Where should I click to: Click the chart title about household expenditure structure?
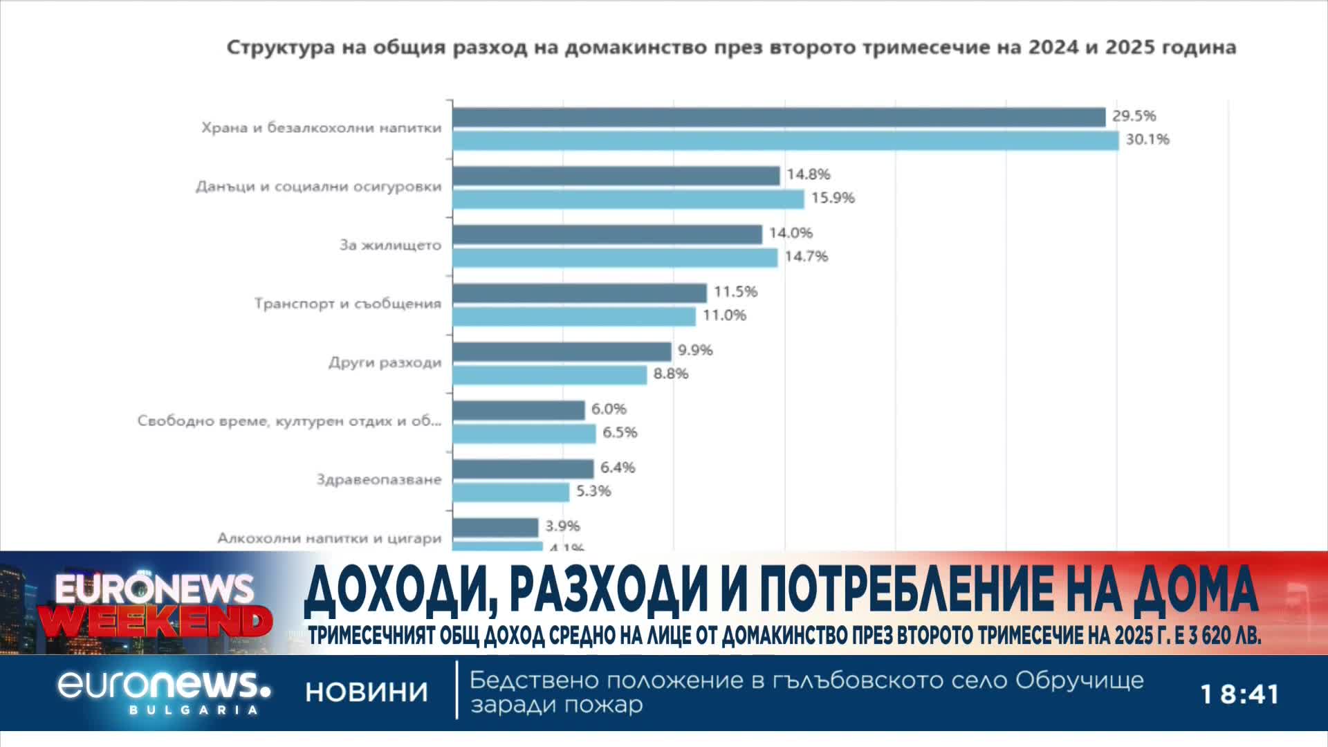(731, 48)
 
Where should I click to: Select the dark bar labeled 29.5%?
(779, 118)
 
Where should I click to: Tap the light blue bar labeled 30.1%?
(785, 140)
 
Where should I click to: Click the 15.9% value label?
(833, 198)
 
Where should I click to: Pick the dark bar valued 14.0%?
(607, 234)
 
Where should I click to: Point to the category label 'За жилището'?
(390, 245)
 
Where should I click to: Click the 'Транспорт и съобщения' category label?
(347, 304)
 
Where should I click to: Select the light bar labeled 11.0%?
(574, 316)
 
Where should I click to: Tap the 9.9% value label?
(695, 350)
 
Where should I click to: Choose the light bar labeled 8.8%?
(550, 375)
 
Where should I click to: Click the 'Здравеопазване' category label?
(378, 479)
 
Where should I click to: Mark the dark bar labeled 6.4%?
(523, 469)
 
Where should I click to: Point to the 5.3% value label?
(593, 491)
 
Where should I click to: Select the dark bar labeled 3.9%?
(495, 527)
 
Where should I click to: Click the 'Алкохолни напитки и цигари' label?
(329, 538)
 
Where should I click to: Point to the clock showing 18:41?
(1239, 694)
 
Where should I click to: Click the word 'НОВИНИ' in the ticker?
(367, 692)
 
